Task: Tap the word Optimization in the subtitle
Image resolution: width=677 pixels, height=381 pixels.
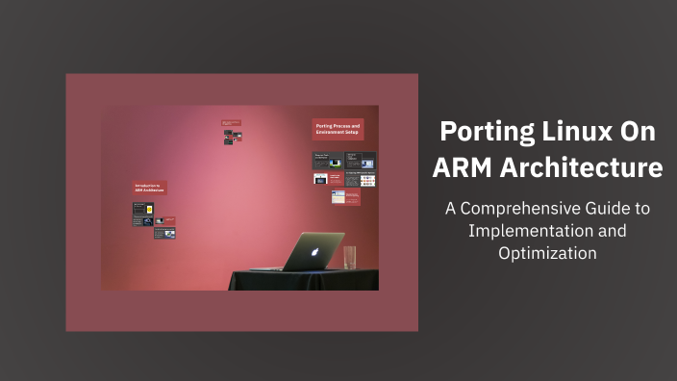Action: (547, 253)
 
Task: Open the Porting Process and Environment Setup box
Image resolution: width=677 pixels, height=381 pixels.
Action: (338, 129)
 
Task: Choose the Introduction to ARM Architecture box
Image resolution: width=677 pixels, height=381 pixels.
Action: (150, 189)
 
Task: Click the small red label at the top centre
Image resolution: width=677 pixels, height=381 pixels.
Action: (230, 123)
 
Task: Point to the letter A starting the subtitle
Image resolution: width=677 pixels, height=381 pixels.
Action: (450, 208)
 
